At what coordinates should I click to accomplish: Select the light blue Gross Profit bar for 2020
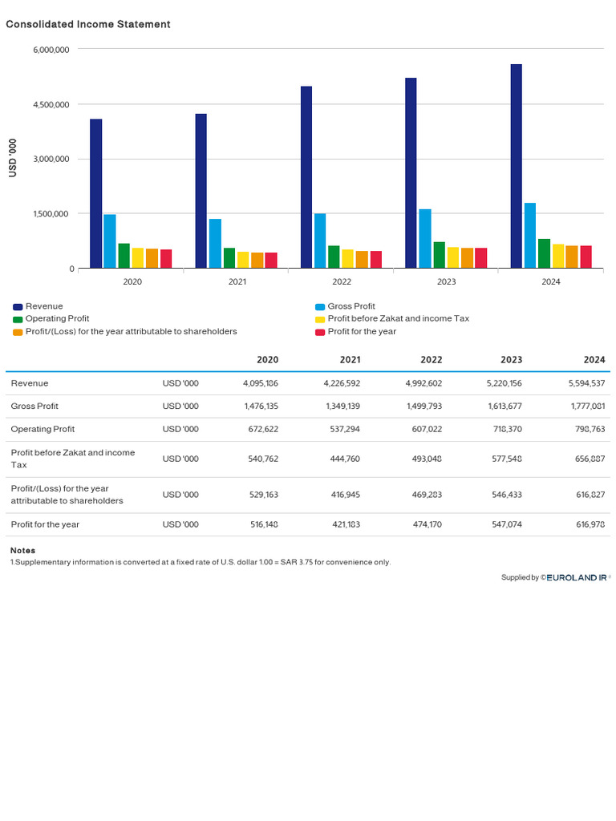tap(110, 241)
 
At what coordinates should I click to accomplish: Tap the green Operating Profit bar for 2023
tap(439, 255)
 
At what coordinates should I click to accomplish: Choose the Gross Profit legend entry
tap(351, 306)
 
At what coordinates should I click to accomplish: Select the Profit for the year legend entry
tap(362, 331)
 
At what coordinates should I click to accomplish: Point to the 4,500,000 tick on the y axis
tap(51, 104)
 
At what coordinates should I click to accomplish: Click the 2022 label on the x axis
tap(342, 281)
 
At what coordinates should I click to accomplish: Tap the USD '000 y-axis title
tap(12, 159)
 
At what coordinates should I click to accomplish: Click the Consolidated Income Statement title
tap(88, 24)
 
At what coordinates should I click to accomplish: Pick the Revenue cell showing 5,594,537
tap(585, 383)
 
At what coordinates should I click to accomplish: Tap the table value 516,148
tap(261, 524)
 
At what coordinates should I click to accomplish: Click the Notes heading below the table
tap(22, 551)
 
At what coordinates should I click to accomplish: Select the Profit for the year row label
tap(45, 524)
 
